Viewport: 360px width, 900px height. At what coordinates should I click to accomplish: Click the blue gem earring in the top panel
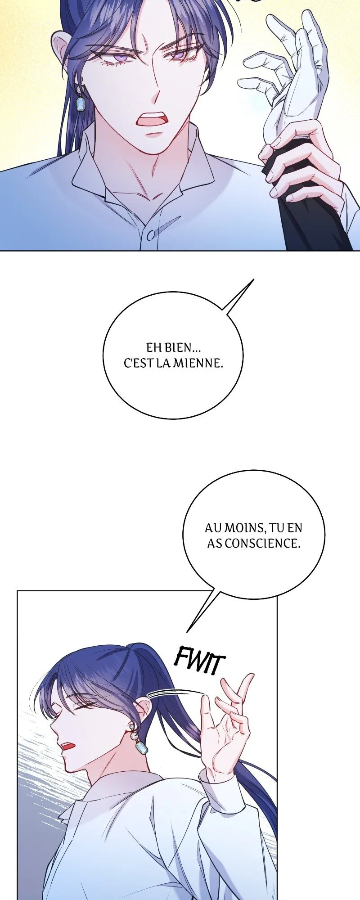click(81, 104)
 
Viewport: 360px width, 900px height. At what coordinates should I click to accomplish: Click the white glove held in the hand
click(292, 81)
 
